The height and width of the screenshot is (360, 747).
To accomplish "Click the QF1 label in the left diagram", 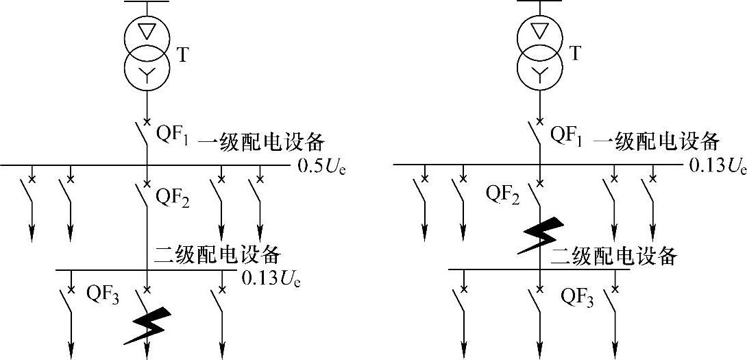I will pyautogui.click(x=174, y=135).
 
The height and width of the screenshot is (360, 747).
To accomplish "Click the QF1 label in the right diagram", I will pyautogui.click(x=567, y=135).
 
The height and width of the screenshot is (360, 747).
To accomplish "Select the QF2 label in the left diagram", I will pyautogui.click(x=173, y=200).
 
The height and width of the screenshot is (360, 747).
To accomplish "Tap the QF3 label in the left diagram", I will pyautogui.click(x=103, y=295).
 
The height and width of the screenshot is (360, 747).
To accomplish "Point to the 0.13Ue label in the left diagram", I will pyautogui.click(x=271, y=279).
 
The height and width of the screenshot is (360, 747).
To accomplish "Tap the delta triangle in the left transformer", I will pyautogui.click(x=147, y=32).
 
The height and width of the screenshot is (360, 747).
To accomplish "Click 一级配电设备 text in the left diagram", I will pyautogui.click(x=260, y=143).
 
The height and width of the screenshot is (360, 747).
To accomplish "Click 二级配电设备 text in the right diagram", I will pyautogui.click(x=614, y=256).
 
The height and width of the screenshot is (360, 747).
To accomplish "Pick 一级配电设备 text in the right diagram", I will pyautogui.click(x=656, y=143).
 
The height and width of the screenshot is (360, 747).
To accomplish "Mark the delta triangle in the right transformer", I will pyautogui.click(x=541, y=32).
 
